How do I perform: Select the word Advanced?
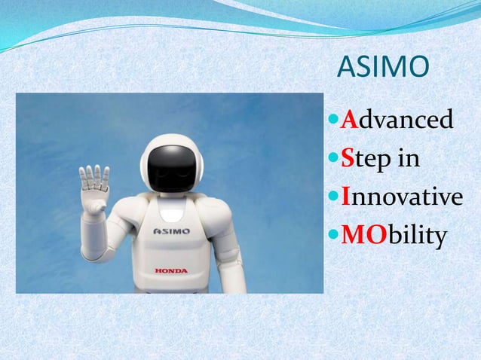(x=397, y=120)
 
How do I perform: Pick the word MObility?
(x=394, y=236)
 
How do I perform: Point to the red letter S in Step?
(x=348, y=159)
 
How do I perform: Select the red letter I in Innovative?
(x=345, y=197)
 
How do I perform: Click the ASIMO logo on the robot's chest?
(x=172, y=230)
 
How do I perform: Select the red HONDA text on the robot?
(x=171, y=270)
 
